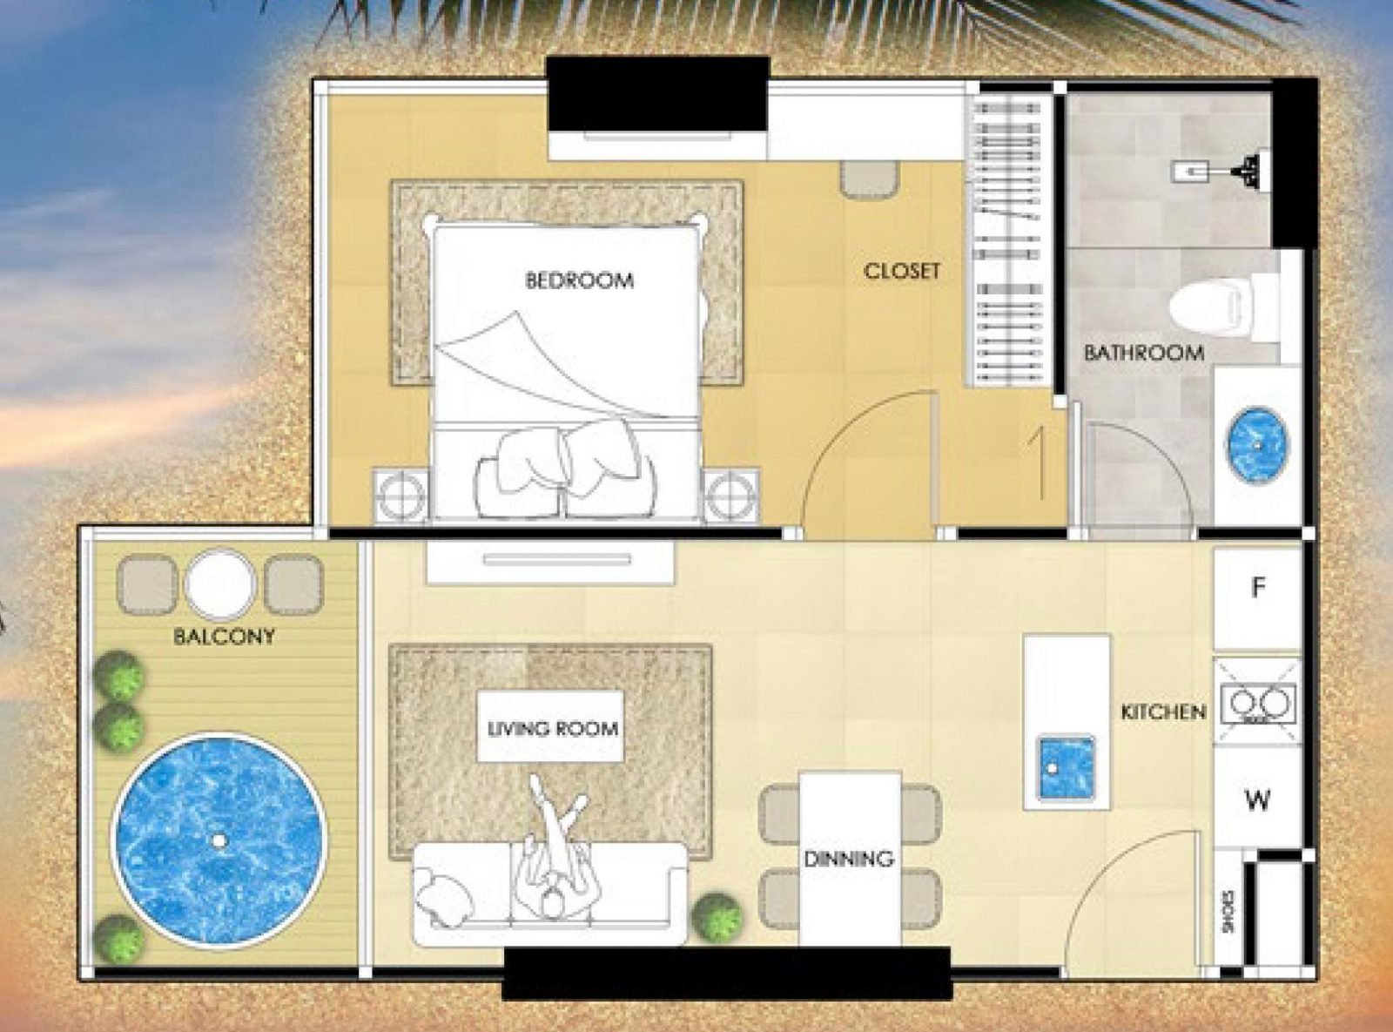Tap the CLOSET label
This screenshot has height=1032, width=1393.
pyautogui.click(x=902, y=271)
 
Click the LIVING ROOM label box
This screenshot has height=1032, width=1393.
pyautogui.click(x=552, y=728)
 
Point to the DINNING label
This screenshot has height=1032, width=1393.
pyautogui.click(x=848, y=859)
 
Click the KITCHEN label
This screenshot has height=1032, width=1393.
pyautogui.click(x=1163, y=712)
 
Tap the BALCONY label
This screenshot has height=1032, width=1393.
pyautogui.click(x=224, y=636)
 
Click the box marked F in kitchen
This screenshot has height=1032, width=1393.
pyautogui.click(x=1257, y=589)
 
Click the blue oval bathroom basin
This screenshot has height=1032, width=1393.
pyautogui.click(x=1257, y=444)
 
